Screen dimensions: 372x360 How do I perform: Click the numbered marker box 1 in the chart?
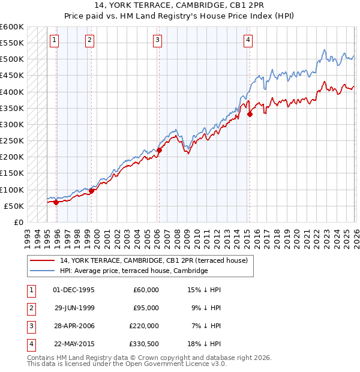54,40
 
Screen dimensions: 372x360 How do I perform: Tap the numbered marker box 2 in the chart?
89,40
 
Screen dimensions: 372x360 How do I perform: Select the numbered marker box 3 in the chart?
157,40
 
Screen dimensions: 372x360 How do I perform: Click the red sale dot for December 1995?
56,202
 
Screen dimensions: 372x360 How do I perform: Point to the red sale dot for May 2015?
250,115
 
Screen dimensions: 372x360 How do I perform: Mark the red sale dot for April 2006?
159,151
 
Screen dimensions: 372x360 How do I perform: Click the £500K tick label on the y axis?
12,59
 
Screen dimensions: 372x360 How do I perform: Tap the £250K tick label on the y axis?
12,141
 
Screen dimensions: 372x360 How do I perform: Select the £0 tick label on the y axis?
18,222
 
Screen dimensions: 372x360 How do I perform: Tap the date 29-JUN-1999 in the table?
74,307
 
